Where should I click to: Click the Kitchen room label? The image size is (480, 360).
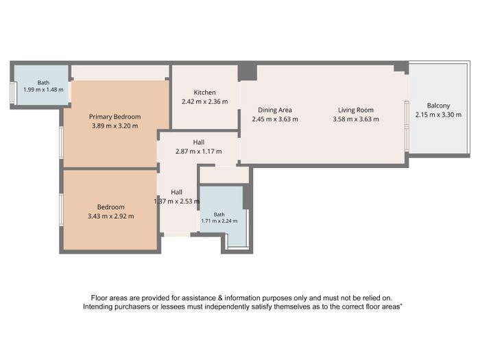(x=205, y=93)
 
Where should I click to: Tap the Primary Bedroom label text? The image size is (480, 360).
(x=115, y=117)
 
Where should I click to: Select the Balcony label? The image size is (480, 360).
(x=438, y=106)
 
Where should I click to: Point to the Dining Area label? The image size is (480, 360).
(x=275, y=110)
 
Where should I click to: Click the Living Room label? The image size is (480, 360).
(x=356, y=110)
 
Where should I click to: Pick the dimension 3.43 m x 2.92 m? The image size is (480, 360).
(x=111, y=216)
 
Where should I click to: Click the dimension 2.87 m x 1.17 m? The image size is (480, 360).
(x=199, y=152)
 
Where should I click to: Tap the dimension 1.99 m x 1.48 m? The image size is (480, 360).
(x=43, y=90)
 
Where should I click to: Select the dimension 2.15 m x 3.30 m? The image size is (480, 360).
(x=438, y=115)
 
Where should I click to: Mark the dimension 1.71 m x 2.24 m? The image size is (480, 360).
(x=219, y=221)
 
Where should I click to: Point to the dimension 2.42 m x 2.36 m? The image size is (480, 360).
(x=205, y=101)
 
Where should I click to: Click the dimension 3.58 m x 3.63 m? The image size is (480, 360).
(x=356, y=119)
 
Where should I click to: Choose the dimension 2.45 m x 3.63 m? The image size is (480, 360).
(x=275, y=119)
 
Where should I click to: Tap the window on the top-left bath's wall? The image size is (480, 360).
(x=12, y=93)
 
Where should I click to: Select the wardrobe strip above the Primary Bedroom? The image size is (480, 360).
(x=120, y=73)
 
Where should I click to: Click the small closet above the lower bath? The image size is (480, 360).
(x=224, y=175)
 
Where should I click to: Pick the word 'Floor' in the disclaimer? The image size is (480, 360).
(x=99, y=298)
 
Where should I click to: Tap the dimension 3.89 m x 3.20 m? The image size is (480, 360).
(x=115, y=125)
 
